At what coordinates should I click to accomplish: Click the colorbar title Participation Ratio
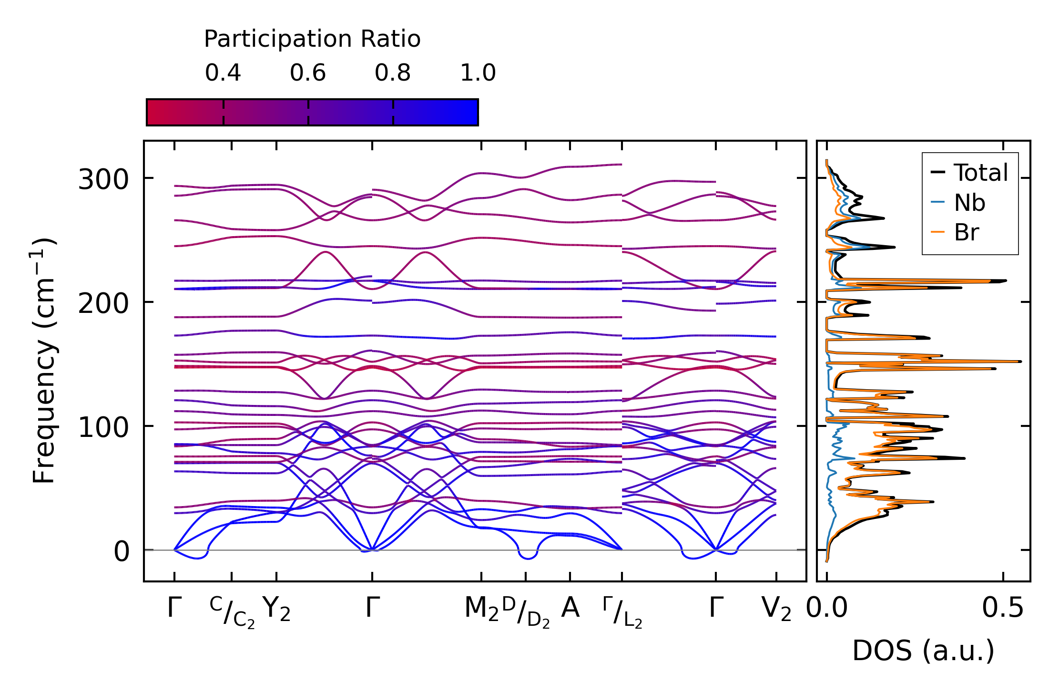coord(312,39)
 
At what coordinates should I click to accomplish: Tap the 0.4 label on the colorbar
coord(223,73)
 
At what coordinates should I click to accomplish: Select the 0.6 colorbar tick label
coord(308,73)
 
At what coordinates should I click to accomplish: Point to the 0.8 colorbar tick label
coord(393,73)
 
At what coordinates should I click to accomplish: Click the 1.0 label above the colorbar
coord(478,73)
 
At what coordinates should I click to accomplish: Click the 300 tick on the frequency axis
coord(103,180)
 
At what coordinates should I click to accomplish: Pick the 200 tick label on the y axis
coord(103,303)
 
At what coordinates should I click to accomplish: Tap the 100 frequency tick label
coord(103,427)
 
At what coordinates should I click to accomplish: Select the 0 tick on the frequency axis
coord(122,551)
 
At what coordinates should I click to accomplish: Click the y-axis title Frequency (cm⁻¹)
coord(44,361)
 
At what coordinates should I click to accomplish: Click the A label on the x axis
coord(570,608)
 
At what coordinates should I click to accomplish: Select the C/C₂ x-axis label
coord(232,612)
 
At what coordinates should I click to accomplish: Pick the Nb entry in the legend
coord(969,203)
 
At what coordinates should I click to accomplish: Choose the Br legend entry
coord(966,233)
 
